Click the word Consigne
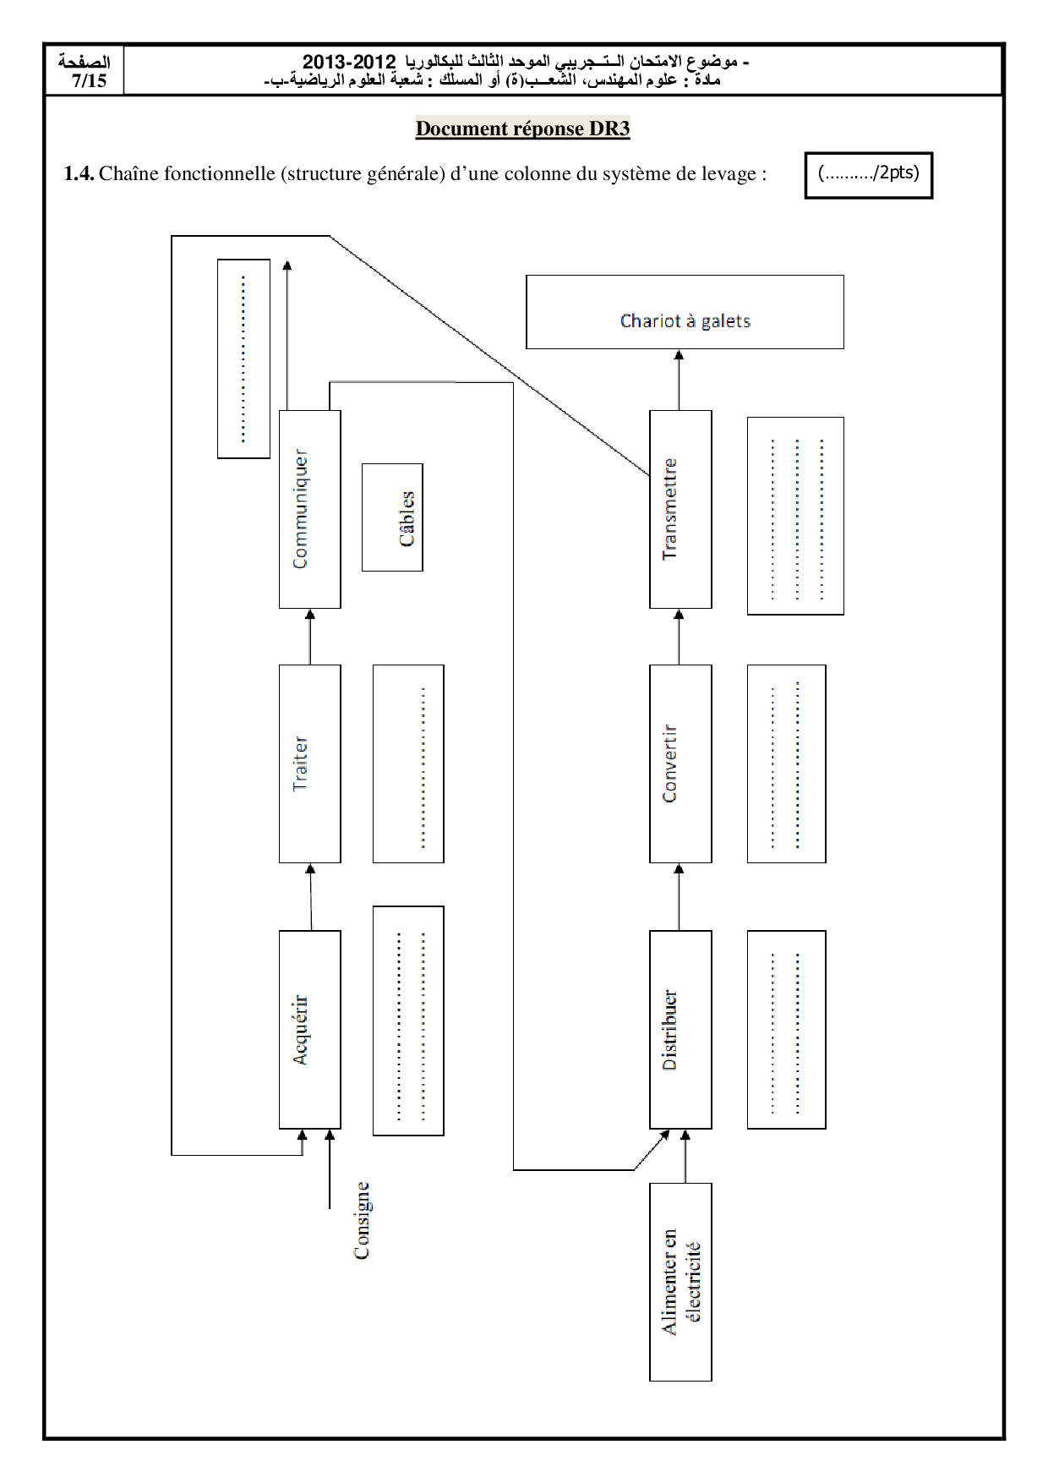362,1220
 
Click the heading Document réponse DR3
522,129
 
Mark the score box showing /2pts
869,175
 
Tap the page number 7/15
89,80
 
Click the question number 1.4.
79,174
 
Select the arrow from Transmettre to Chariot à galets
679,380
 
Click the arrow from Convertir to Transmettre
679,637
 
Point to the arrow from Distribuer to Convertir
679,897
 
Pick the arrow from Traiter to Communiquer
309,637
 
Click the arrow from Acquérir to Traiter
310,897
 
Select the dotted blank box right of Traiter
408,763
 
